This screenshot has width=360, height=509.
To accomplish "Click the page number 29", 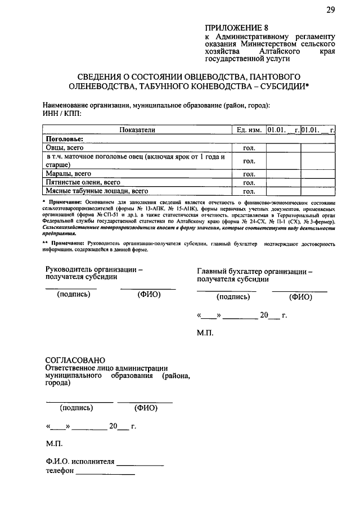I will tap(330, 10).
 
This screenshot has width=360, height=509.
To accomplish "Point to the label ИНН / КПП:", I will tap(62, 114).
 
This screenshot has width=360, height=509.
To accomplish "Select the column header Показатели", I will tap(137, 130).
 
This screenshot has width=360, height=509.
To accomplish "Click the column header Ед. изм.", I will tap(249, 130).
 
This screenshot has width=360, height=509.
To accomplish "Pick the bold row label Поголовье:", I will tap(64, 138).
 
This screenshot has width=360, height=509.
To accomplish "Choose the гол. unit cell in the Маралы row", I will tap(249, 174).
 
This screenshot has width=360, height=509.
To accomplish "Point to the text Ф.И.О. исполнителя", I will tap(80, 462).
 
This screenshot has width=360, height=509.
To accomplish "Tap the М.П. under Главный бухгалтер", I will tap(205, 334).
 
